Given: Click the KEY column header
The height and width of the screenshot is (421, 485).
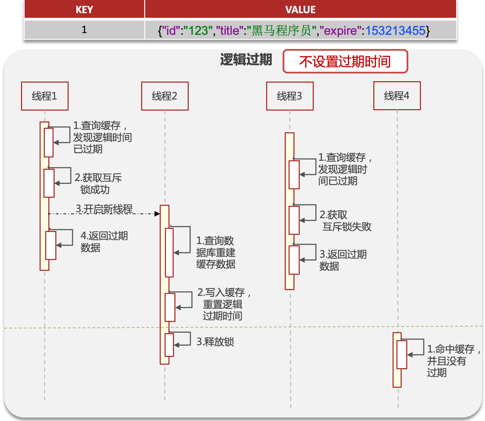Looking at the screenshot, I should (84, 9).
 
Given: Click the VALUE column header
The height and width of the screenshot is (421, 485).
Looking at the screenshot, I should (300, 9).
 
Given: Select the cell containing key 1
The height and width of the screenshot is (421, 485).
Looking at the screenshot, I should (84, 30).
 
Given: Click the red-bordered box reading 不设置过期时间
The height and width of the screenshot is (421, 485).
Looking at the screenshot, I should (345, 62).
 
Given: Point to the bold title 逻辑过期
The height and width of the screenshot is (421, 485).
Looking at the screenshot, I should (246, 60).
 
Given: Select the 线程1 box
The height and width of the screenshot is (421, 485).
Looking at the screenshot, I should (45, 96).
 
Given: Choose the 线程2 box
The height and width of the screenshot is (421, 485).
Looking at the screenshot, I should (165, 96).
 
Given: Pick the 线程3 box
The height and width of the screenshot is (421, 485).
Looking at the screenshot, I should (290, 96).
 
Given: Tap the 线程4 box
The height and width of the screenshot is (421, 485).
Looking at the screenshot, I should (397, 96).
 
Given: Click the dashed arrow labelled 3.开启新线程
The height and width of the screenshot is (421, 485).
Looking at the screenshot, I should (104, 213).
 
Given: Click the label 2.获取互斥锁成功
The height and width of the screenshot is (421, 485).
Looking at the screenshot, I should (98, 184).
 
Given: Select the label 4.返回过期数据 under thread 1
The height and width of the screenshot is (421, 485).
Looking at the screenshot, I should (104, 241).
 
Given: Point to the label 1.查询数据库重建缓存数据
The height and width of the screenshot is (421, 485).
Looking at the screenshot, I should (216, 252).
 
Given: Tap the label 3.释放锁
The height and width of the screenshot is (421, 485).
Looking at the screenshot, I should (215, 342).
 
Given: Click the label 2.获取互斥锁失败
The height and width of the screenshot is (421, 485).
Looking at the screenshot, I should (345, 221).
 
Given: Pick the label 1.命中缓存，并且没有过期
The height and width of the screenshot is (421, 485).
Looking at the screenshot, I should (453, 360).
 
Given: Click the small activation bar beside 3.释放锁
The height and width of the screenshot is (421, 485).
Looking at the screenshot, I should (169, 345).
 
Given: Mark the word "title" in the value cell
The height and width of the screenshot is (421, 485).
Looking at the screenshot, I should (229, 31).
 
